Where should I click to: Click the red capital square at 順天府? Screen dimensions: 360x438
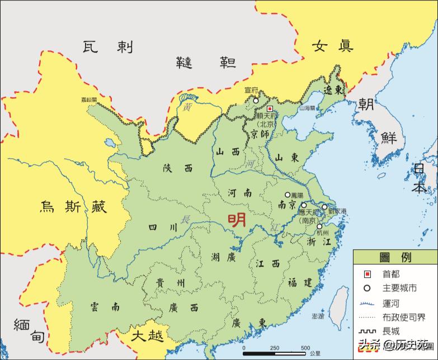click(x=270, y=108)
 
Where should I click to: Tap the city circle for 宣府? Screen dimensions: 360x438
click(x=256, y=101)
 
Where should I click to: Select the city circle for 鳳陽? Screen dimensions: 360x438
click(x=288, y=195)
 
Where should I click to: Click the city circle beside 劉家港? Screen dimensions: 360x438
click(x=324, y=207)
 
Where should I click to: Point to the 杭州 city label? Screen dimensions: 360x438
click(x=323, y=232)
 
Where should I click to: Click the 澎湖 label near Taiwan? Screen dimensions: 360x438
click(x=318, y=316)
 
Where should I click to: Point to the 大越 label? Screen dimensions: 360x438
click(x=148, y=337)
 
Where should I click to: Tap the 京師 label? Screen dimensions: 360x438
click(x=260, y=134)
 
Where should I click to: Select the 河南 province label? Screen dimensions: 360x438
click(x=239, y=193)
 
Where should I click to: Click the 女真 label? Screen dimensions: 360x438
click(x=332, y=45)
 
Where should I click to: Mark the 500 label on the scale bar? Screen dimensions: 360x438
click(x=305, y=348)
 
